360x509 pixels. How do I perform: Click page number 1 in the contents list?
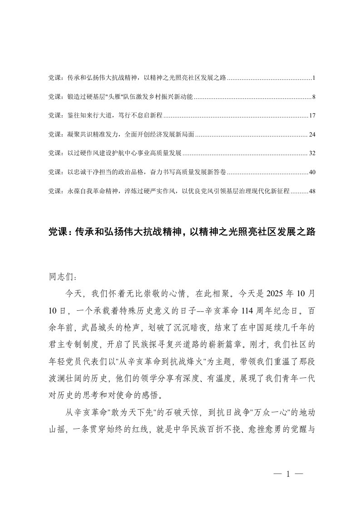click(x=314, y=78)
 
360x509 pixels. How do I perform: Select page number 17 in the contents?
click(x=312, y=116)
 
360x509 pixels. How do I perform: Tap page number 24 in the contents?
click(x=312, y=135)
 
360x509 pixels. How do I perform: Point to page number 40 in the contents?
click(x=312, y=172)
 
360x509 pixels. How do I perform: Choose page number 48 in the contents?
click(x=312, y=191)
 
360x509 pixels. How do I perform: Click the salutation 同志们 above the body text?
click(x=59, y=275)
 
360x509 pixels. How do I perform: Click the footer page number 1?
click(x=288, y=475)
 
